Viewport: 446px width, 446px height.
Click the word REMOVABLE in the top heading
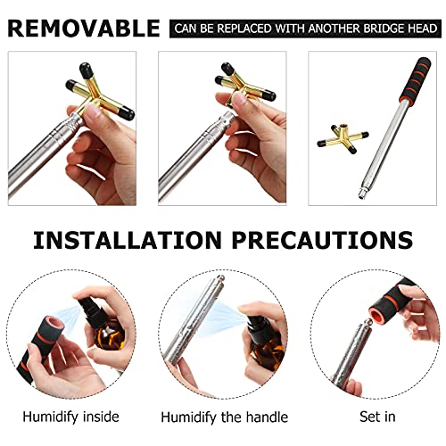(84, 29)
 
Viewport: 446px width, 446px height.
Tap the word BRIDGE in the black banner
(384, 29)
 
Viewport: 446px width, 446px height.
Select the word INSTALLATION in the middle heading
(128, 240)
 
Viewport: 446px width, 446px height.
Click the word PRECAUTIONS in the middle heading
(322, 240)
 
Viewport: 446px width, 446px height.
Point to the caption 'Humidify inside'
(70, 417)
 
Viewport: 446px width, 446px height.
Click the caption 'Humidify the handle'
(225, 417)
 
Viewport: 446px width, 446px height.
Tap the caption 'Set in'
(377, 417)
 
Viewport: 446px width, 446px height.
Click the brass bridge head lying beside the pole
(343, 139)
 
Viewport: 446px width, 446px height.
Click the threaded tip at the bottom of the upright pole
(362, 194)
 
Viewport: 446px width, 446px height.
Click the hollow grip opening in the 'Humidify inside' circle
(54, 325)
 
